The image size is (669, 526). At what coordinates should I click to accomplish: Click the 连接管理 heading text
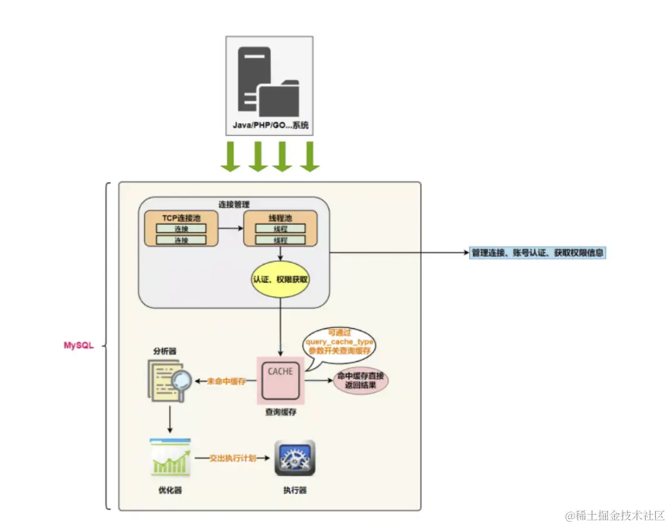coord(234,204)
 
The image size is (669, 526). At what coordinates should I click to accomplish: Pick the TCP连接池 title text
coord(181,217)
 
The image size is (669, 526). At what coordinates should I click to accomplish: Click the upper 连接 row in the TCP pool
coord(181,228)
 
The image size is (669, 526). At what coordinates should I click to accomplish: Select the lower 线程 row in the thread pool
coord(280,240)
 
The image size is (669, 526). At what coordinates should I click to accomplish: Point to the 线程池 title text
coord(280,217)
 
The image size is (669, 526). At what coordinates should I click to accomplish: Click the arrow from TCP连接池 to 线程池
coord(230,228)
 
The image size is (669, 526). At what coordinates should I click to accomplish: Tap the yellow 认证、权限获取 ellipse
coord(280,280)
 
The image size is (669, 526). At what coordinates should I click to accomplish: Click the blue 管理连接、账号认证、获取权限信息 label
coord(538,253)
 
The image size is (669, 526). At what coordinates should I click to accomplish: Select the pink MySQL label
coord(78,345)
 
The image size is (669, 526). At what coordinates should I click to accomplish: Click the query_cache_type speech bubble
coord(339,343)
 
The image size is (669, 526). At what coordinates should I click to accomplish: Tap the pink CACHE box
coord(280,380)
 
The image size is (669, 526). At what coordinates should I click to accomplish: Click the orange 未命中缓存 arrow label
coord(226,381)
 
